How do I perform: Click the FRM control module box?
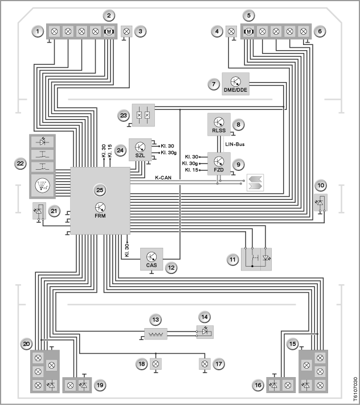pos(100,201)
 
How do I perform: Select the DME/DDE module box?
pos(235,84)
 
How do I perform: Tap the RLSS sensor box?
pos(219,125)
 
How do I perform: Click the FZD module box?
pos(219,163)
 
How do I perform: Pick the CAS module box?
pos(152,259)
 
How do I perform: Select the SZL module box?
pos(140,150)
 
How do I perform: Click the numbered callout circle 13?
pos(156,320)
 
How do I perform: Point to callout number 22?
pos(20,163)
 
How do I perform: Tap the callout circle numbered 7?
pos(214,84)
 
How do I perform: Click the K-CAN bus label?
pos(163,178)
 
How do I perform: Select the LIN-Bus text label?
pos(235,144)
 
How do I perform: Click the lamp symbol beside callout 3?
pos(126,31)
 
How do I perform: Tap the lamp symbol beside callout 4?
pos(231,31)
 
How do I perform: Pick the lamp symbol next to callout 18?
pos(156,364)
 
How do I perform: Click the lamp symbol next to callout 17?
pos(204,364)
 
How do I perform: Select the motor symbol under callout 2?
pos(109,31)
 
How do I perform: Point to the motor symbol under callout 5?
pos(248,31)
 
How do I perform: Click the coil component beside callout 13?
pos(156,334)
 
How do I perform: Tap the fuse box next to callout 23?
pos(144,115)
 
